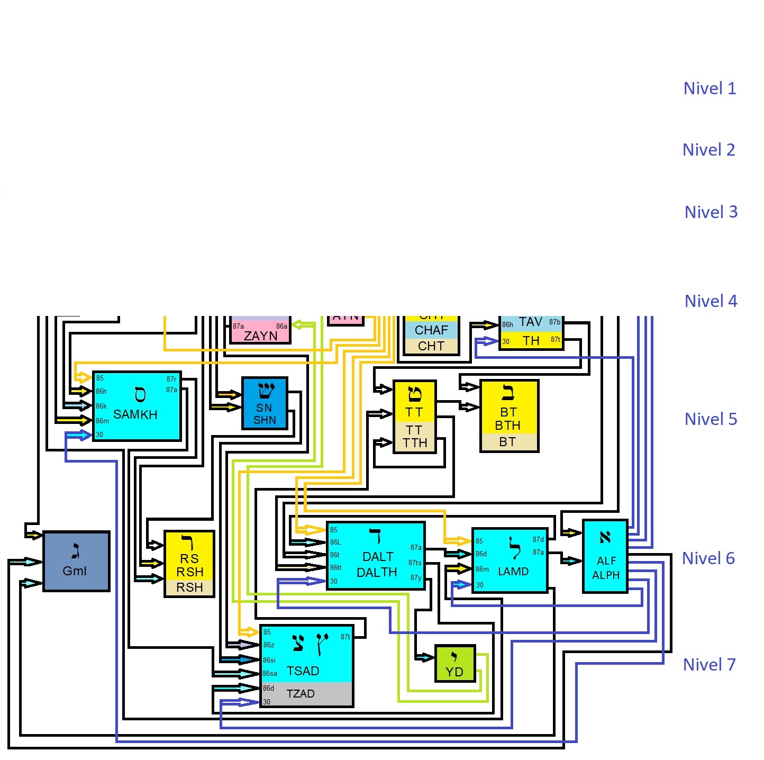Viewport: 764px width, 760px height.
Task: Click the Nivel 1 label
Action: click(710, 88)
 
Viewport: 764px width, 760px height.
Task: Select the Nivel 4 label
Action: click(711, 301)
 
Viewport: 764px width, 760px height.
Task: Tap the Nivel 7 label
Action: click(709, 665)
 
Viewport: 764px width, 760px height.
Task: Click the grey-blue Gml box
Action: click(76, 561)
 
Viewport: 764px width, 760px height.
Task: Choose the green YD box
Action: click(454, 664)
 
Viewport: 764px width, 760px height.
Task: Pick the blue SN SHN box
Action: click(265, 403)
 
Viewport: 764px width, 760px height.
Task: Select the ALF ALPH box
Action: click(605, 556)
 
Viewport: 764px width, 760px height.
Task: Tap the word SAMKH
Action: click(135, 414)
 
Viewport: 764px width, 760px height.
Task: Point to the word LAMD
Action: click(513, 572)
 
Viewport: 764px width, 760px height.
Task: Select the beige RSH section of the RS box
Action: click(189, 587)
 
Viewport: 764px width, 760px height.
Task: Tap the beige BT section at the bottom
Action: click(508, 442)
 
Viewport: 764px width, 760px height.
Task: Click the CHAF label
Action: click(431, 330)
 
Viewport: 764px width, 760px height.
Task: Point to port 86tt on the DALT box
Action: click(336, 567)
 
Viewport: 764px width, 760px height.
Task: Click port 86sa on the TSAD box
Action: click(270, 673)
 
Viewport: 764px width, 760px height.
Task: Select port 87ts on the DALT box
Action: click(415, 563)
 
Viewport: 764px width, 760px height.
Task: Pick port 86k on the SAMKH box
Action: click(101, 406)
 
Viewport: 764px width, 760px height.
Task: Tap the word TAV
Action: click(530, 322)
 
